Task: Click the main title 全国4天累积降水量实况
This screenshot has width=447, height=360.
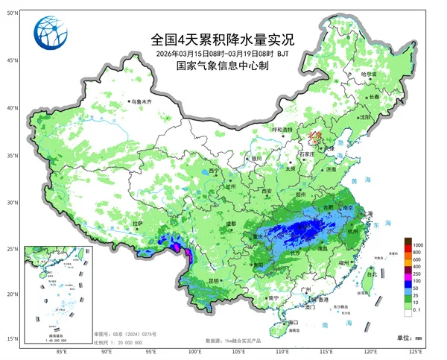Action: [212, 39]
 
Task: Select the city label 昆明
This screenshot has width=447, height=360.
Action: [215, 281]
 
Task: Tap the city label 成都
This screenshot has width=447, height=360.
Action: [230, 223]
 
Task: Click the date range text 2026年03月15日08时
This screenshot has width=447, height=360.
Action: [189, 54]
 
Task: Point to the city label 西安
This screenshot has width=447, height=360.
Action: [267, 192]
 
